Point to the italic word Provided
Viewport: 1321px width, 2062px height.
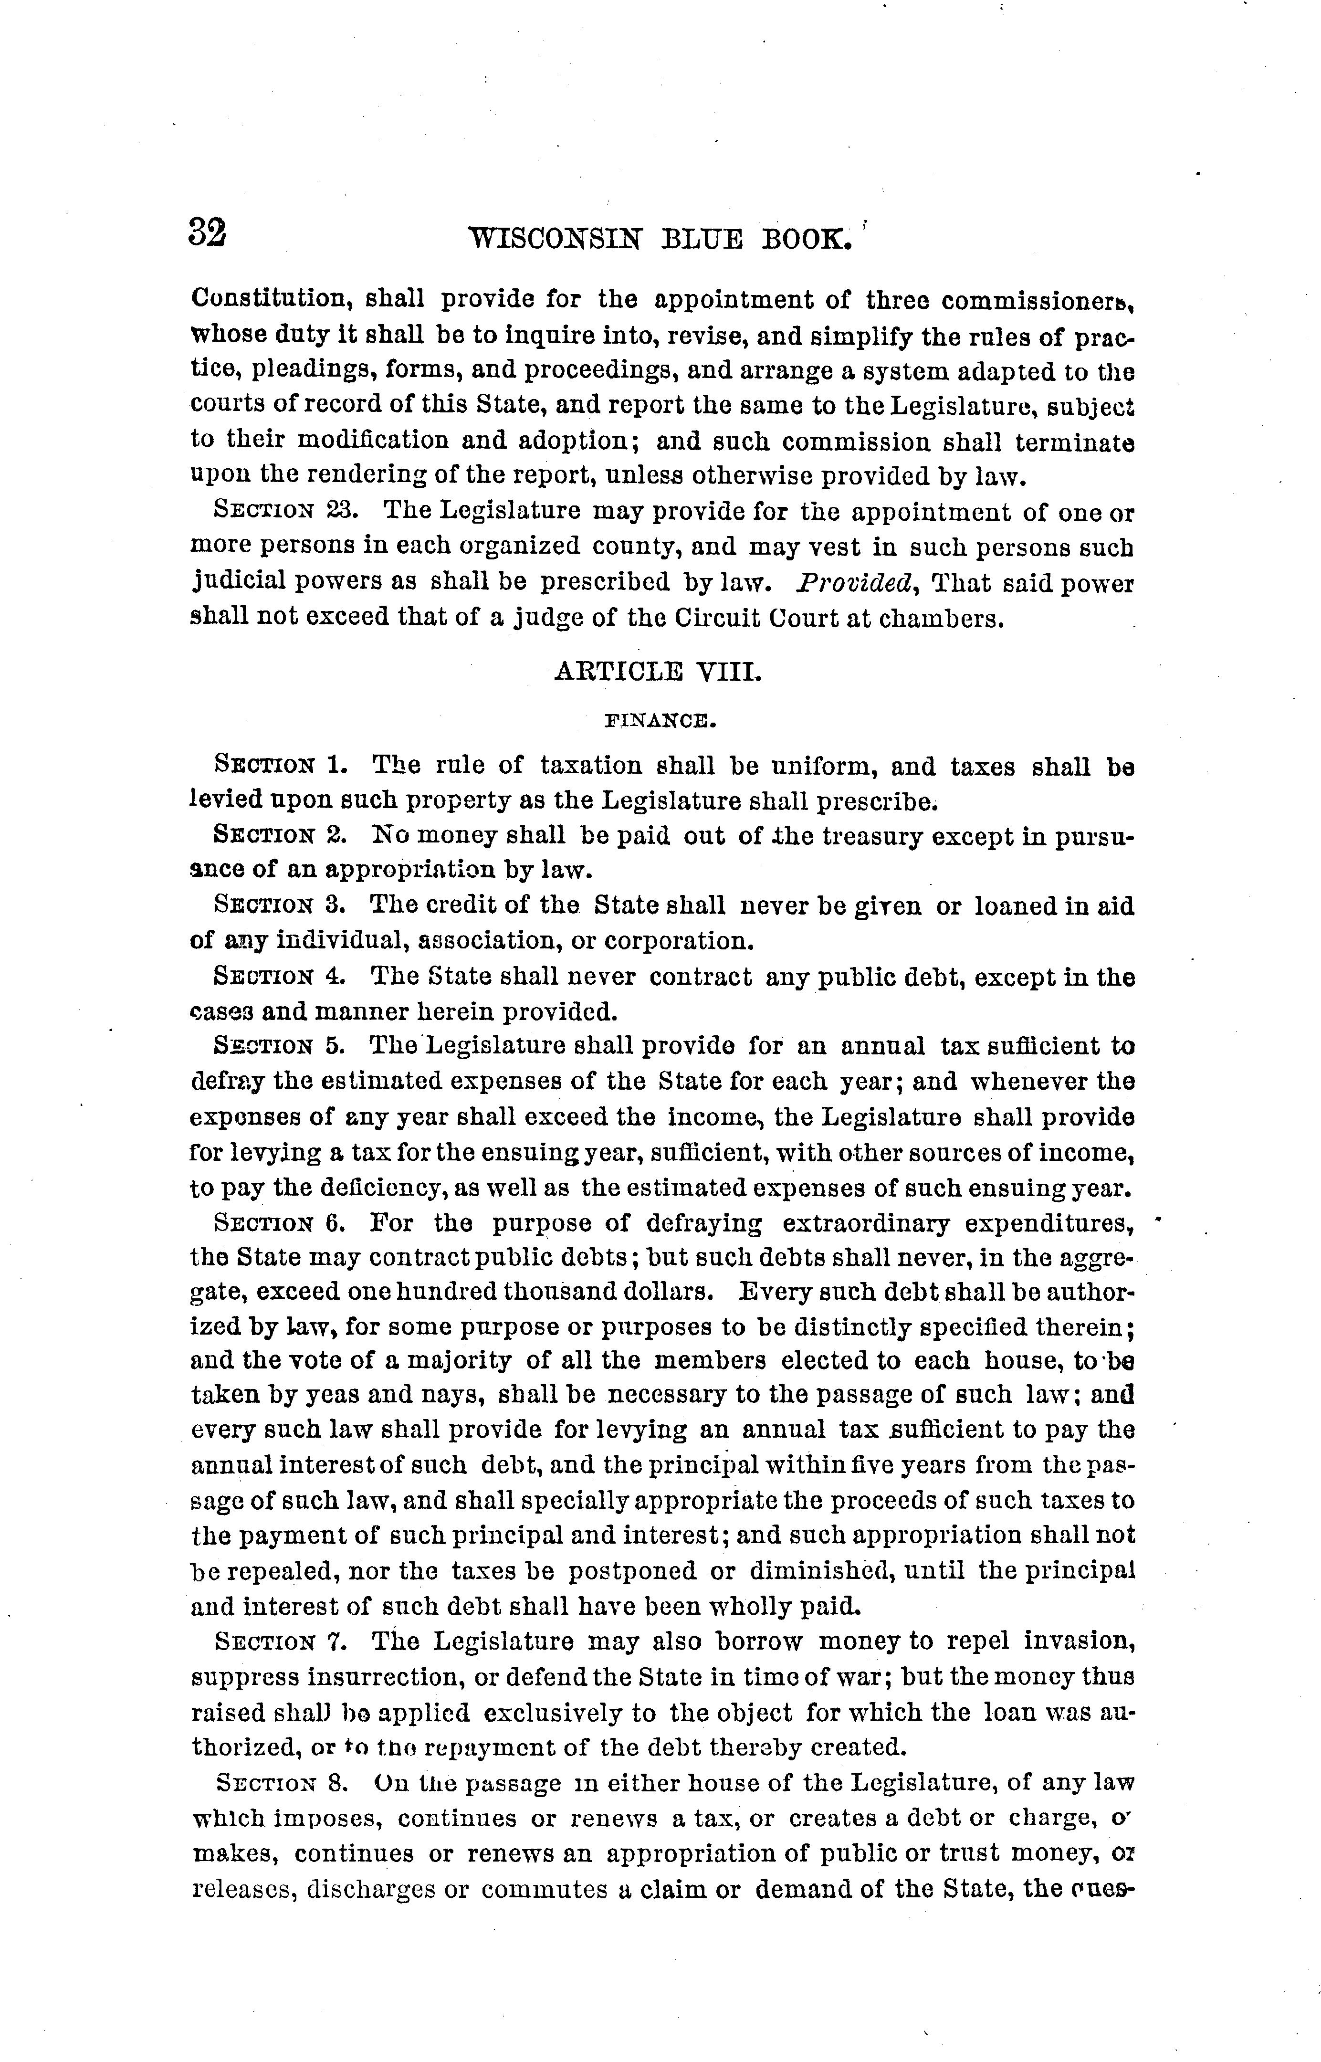tap(858, 583)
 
